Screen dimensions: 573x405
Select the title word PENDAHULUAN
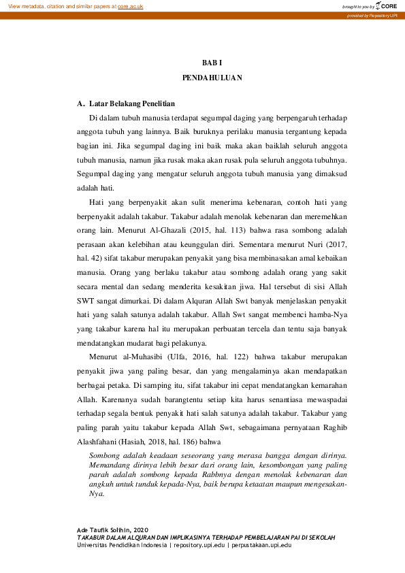212,78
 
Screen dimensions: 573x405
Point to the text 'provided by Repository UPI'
372,15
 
